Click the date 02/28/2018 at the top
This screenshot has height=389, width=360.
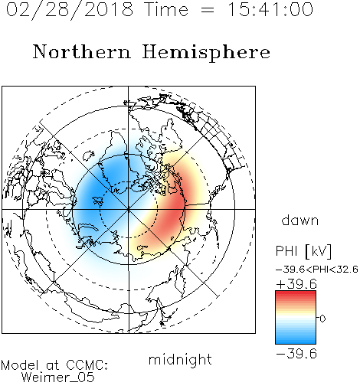point(70,9)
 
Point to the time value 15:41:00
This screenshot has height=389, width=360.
point(270,9)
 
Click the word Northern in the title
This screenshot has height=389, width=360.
point(82,52)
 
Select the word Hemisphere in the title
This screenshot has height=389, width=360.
point(206,53)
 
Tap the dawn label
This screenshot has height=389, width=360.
point(300,220)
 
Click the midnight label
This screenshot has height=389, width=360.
point(180,360)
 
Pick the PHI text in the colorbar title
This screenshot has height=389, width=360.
point(286,251)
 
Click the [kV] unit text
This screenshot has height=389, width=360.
point(318,251)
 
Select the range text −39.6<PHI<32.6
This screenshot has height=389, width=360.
point(317,270)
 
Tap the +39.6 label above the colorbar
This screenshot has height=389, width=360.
point(296,284)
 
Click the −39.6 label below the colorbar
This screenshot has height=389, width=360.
point(296,354)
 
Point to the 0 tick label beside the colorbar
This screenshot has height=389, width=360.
point(322,319)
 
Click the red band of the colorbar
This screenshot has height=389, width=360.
point(296,297)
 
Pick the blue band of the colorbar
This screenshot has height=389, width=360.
point(296,337)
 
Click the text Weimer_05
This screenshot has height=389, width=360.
point(58,378)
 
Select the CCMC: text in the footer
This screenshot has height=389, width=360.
point(87,365)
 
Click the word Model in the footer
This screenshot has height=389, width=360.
point(20,365)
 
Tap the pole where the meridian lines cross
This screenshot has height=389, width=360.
point(129,209)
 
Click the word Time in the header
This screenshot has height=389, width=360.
point(166,9)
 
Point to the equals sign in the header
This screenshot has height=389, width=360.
point(208,11)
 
